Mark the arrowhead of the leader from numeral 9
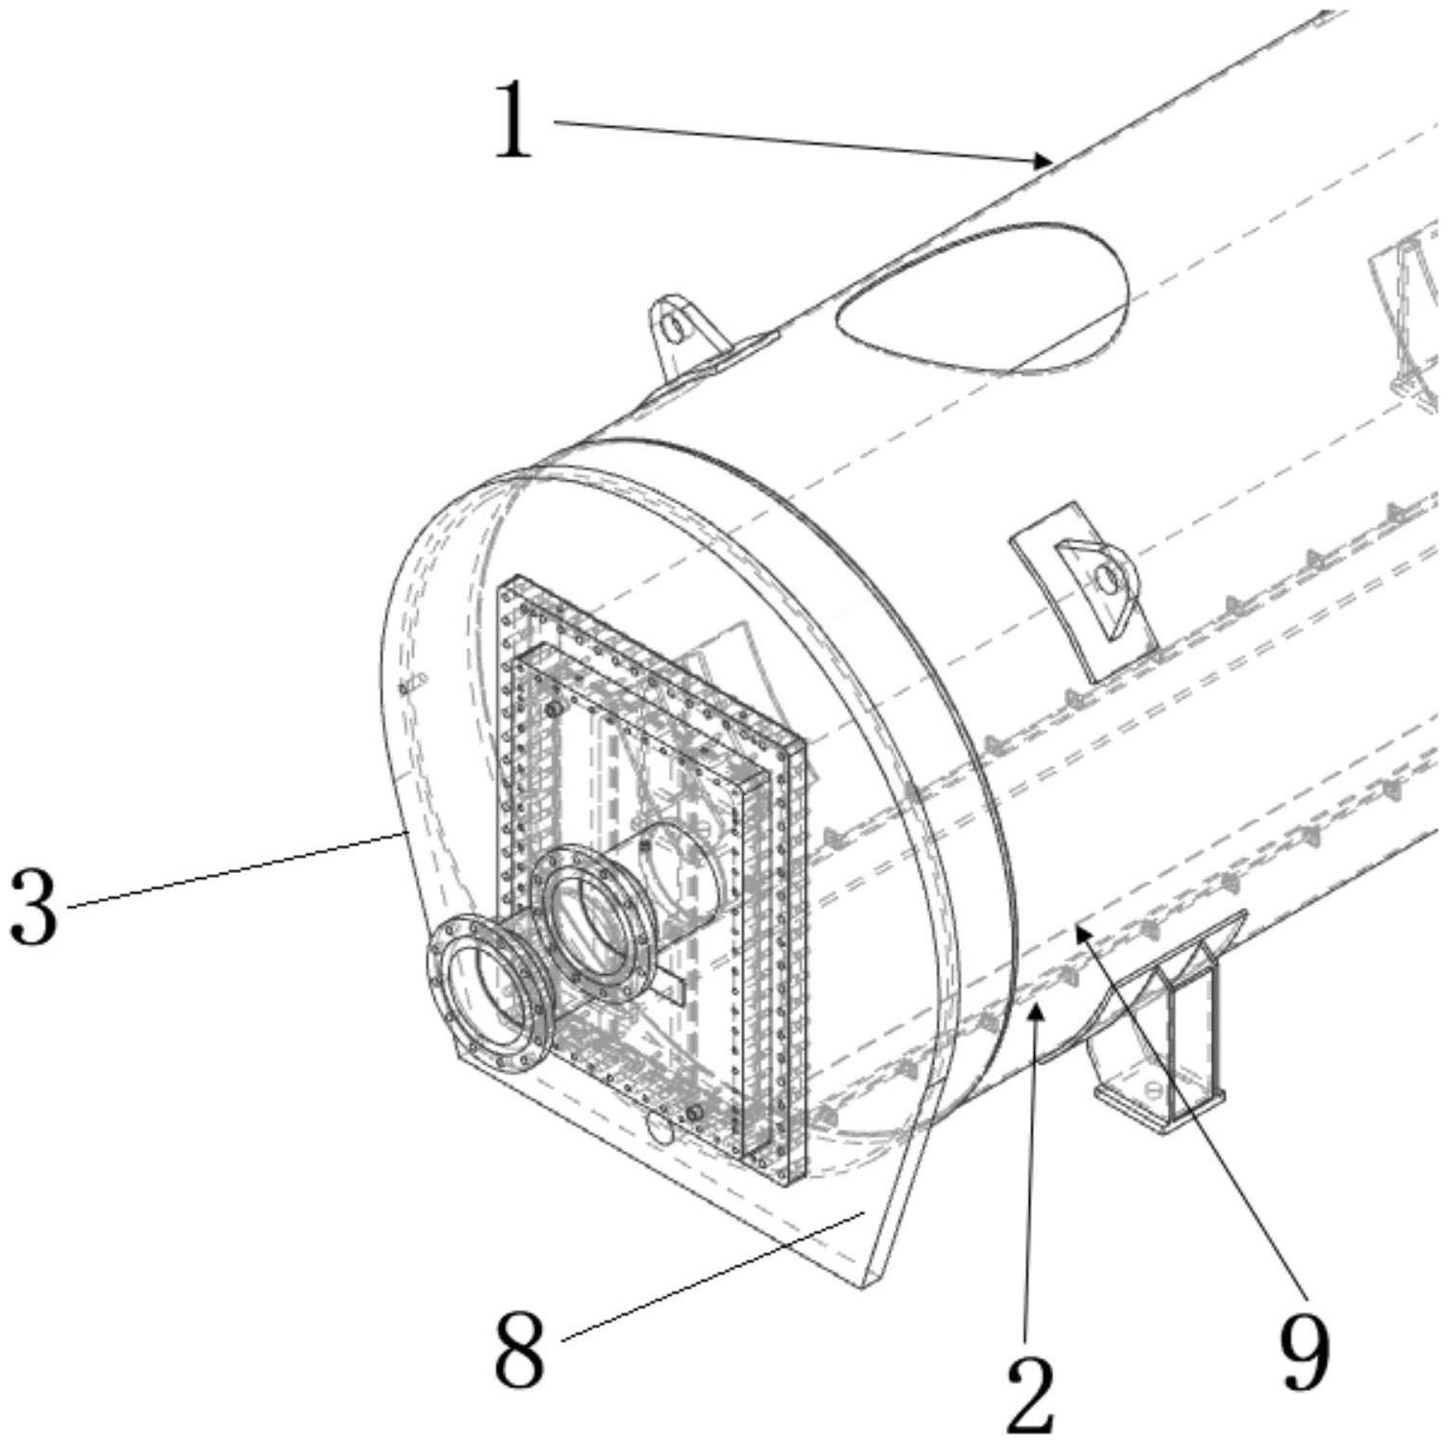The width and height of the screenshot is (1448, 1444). tap(1080, 927)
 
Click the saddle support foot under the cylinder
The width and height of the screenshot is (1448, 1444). tap(1160, 1049)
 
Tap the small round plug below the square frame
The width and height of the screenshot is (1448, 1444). tap(659, 1128)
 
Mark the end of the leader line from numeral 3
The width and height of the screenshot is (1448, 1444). tap(397, 836)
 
